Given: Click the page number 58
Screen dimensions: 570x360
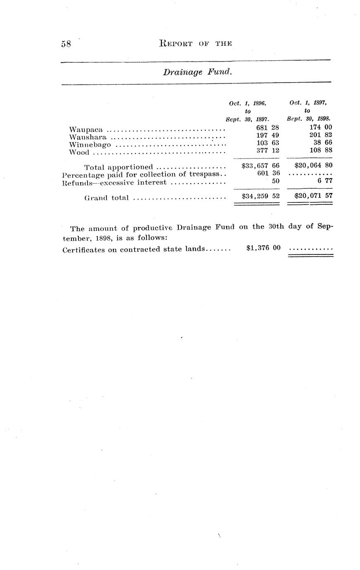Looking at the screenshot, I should click(x=66, y=44).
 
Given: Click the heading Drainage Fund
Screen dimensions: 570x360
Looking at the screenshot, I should click(x=197, y=72).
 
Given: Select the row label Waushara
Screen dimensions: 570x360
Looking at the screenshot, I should click(x=88, y=137).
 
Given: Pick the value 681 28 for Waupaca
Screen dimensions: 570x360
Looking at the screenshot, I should click(x=268, y=128).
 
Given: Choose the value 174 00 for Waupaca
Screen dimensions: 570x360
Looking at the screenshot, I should click(x=320, y=128).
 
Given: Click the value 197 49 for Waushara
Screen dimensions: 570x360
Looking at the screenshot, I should click(x=268, y=135).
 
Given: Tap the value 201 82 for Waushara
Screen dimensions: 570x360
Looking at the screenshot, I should click(x=320, y=135).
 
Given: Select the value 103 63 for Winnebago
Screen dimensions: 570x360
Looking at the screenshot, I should click(x=268, y=142).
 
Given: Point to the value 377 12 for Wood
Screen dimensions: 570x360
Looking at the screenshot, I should click(x=268, y=150).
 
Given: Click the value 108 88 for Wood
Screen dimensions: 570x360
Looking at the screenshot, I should click(x=320, y=150).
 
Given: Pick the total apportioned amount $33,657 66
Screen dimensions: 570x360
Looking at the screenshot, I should click(x=261, y=166).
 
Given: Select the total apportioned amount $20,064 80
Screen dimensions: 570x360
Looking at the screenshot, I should click(x=313, y=166).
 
